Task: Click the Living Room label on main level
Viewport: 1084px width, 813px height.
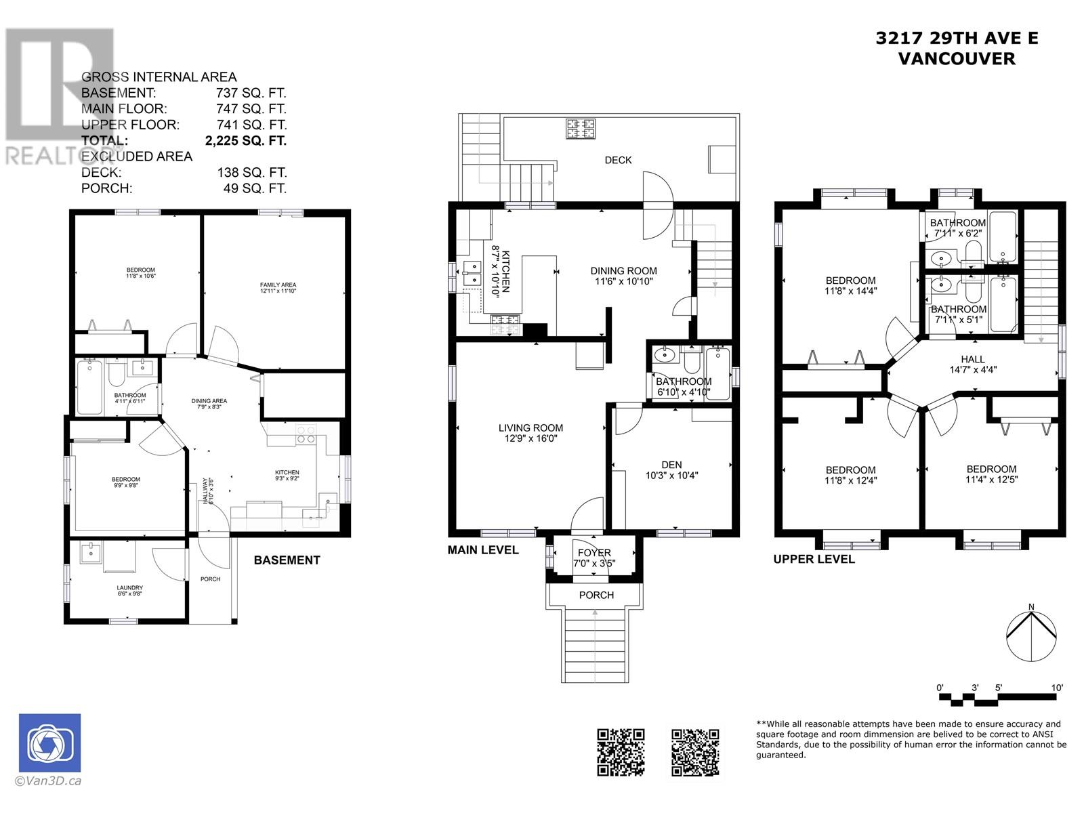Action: [530, 433]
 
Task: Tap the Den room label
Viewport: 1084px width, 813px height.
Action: [671, 470]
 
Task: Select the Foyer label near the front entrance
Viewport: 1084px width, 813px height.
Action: [594, 558]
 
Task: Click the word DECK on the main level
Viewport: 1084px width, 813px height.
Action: [618, 160]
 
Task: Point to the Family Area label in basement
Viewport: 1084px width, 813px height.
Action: [278, 287]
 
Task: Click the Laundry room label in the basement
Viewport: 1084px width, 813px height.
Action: [129, 590]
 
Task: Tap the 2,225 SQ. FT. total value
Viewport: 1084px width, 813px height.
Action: [245, 141]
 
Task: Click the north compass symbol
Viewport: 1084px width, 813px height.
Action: [1030, 635]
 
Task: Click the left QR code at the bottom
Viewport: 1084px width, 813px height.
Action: [620, 752]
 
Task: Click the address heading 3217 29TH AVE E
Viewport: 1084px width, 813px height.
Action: [957, 39]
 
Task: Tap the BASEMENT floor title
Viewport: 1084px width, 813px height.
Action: [287, 560]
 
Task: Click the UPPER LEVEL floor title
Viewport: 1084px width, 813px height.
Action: [814, 559]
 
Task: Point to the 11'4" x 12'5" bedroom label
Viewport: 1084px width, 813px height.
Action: [991, 474]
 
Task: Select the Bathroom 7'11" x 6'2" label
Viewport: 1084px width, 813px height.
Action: [957, 228]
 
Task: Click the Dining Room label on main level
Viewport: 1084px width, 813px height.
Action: [623, 276]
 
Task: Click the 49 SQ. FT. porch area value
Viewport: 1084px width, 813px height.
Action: [255, 188]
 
